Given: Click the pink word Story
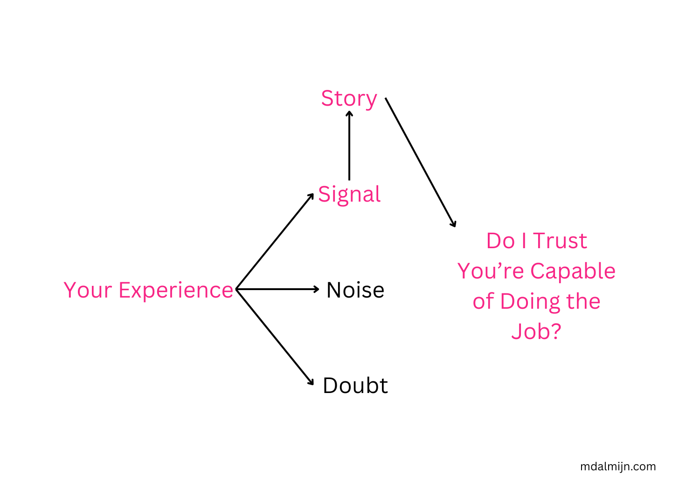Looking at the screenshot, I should point(349,99).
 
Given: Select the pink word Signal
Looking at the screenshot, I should point(349,194).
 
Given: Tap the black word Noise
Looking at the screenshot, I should point(355,290).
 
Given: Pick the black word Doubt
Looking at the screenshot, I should point(355,386).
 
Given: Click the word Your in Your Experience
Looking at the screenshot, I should point(87,290).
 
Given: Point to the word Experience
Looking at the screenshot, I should point(176,290).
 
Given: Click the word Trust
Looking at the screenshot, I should point(560,241).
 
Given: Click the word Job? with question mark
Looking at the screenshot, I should point(536,331).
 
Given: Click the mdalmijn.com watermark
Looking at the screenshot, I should point(618,467).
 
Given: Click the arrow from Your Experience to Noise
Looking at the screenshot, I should point(277,289).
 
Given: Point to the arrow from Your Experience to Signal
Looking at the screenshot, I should point(275,241).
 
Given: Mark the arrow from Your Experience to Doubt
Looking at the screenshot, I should point(275,337).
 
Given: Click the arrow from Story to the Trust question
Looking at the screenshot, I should point(420,162).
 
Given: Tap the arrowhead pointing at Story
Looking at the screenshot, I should point(349,113).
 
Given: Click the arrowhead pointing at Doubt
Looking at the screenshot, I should point(312,382).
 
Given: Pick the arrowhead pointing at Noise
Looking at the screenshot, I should point(316,289).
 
